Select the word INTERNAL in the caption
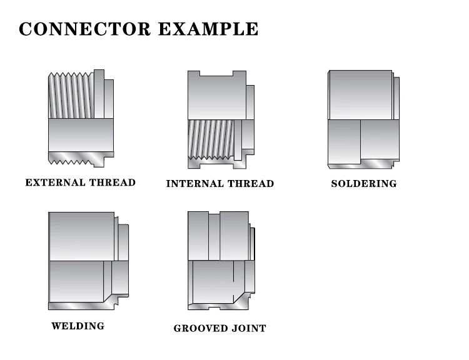pyautogui.click(x=193, y=184)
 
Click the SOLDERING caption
pyautogui.click(x=363, y=184)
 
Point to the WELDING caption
pyautogui.click(x=78, y=326)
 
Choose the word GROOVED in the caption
pyautogui.click(x=203, y=328)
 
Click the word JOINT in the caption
pyautogui.click(x=250, y=328)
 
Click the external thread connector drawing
pyautogui.click(x=81, y=118)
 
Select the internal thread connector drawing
pyautogui.click(x=220, y=119)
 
